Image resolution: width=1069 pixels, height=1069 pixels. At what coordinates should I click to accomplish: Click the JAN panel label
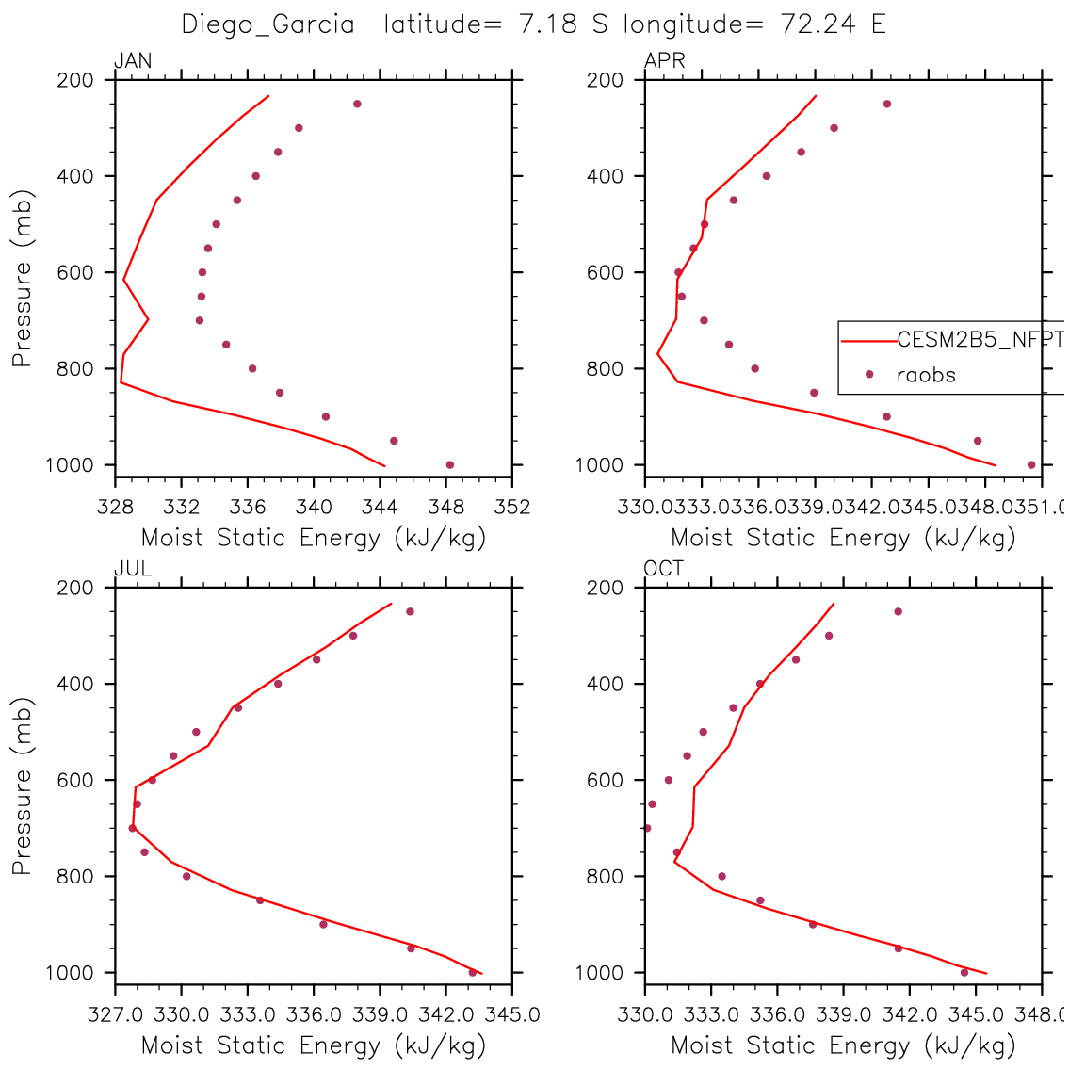pyautogui.click(x=133, y=62)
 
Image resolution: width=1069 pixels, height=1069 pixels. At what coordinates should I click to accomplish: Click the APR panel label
pyautogui.click(x=664, y=62)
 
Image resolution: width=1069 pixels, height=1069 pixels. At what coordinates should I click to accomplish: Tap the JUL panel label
pyautogui.click(x=132, y=569)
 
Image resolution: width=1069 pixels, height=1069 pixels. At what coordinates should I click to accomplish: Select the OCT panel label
pyautogui.click(x=664, y=569)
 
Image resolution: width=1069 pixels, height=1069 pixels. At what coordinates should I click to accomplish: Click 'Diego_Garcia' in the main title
pyautogui.click(x=267, y=24)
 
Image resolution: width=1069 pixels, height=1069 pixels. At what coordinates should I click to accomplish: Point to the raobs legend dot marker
pyautogui.click(x=869, y=375)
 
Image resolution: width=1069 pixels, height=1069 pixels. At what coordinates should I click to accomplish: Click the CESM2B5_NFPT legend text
pyautogui.click(x=980, y=340)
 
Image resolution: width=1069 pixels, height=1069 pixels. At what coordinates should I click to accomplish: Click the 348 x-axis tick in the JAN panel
pyautogui.click(x=446, y=508)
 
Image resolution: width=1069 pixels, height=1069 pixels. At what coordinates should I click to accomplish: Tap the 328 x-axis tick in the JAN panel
pyautogui.click(x=115, y=508)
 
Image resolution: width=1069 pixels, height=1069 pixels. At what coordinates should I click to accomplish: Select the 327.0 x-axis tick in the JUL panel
pyautogui.click(x=115, y=1015)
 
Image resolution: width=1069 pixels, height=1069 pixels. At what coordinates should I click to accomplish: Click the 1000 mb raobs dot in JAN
pyautogui.click(x=450, y=464)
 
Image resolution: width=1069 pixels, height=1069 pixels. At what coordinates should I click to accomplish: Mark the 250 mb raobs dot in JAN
pyautogui.click(x=357, y=104)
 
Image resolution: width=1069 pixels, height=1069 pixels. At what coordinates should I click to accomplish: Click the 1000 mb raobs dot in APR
pyautogui.click(x=1031, y=464)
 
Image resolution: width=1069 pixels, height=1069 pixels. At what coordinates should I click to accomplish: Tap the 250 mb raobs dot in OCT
pyautogui.click(x=898, y=611)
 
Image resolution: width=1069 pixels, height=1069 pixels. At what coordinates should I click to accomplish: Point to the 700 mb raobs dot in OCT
pyautogui.click(x=647, y=828)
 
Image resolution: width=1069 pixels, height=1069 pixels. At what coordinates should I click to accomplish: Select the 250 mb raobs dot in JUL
pyautogui.click(x=410, y=611)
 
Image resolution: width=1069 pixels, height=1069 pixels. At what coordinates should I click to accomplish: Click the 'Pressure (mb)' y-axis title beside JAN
pyautogui.click(x=22, y=279)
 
